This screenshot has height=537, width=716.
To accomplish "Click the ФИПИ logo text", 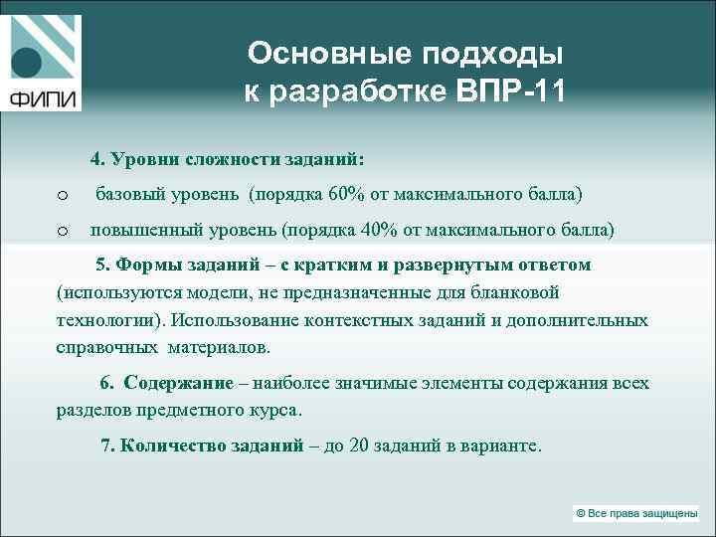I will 45,99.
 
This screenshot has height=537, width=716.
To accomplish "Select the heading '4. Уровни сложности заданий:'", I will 228,158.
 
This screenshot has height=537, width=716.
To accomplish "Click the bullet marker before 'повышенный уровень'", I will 62,231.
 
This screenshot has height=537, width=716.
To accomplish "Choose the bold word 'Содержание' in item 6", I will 179,383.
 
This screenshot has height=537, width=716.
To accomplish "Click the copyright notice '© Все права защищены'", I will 636,513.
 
